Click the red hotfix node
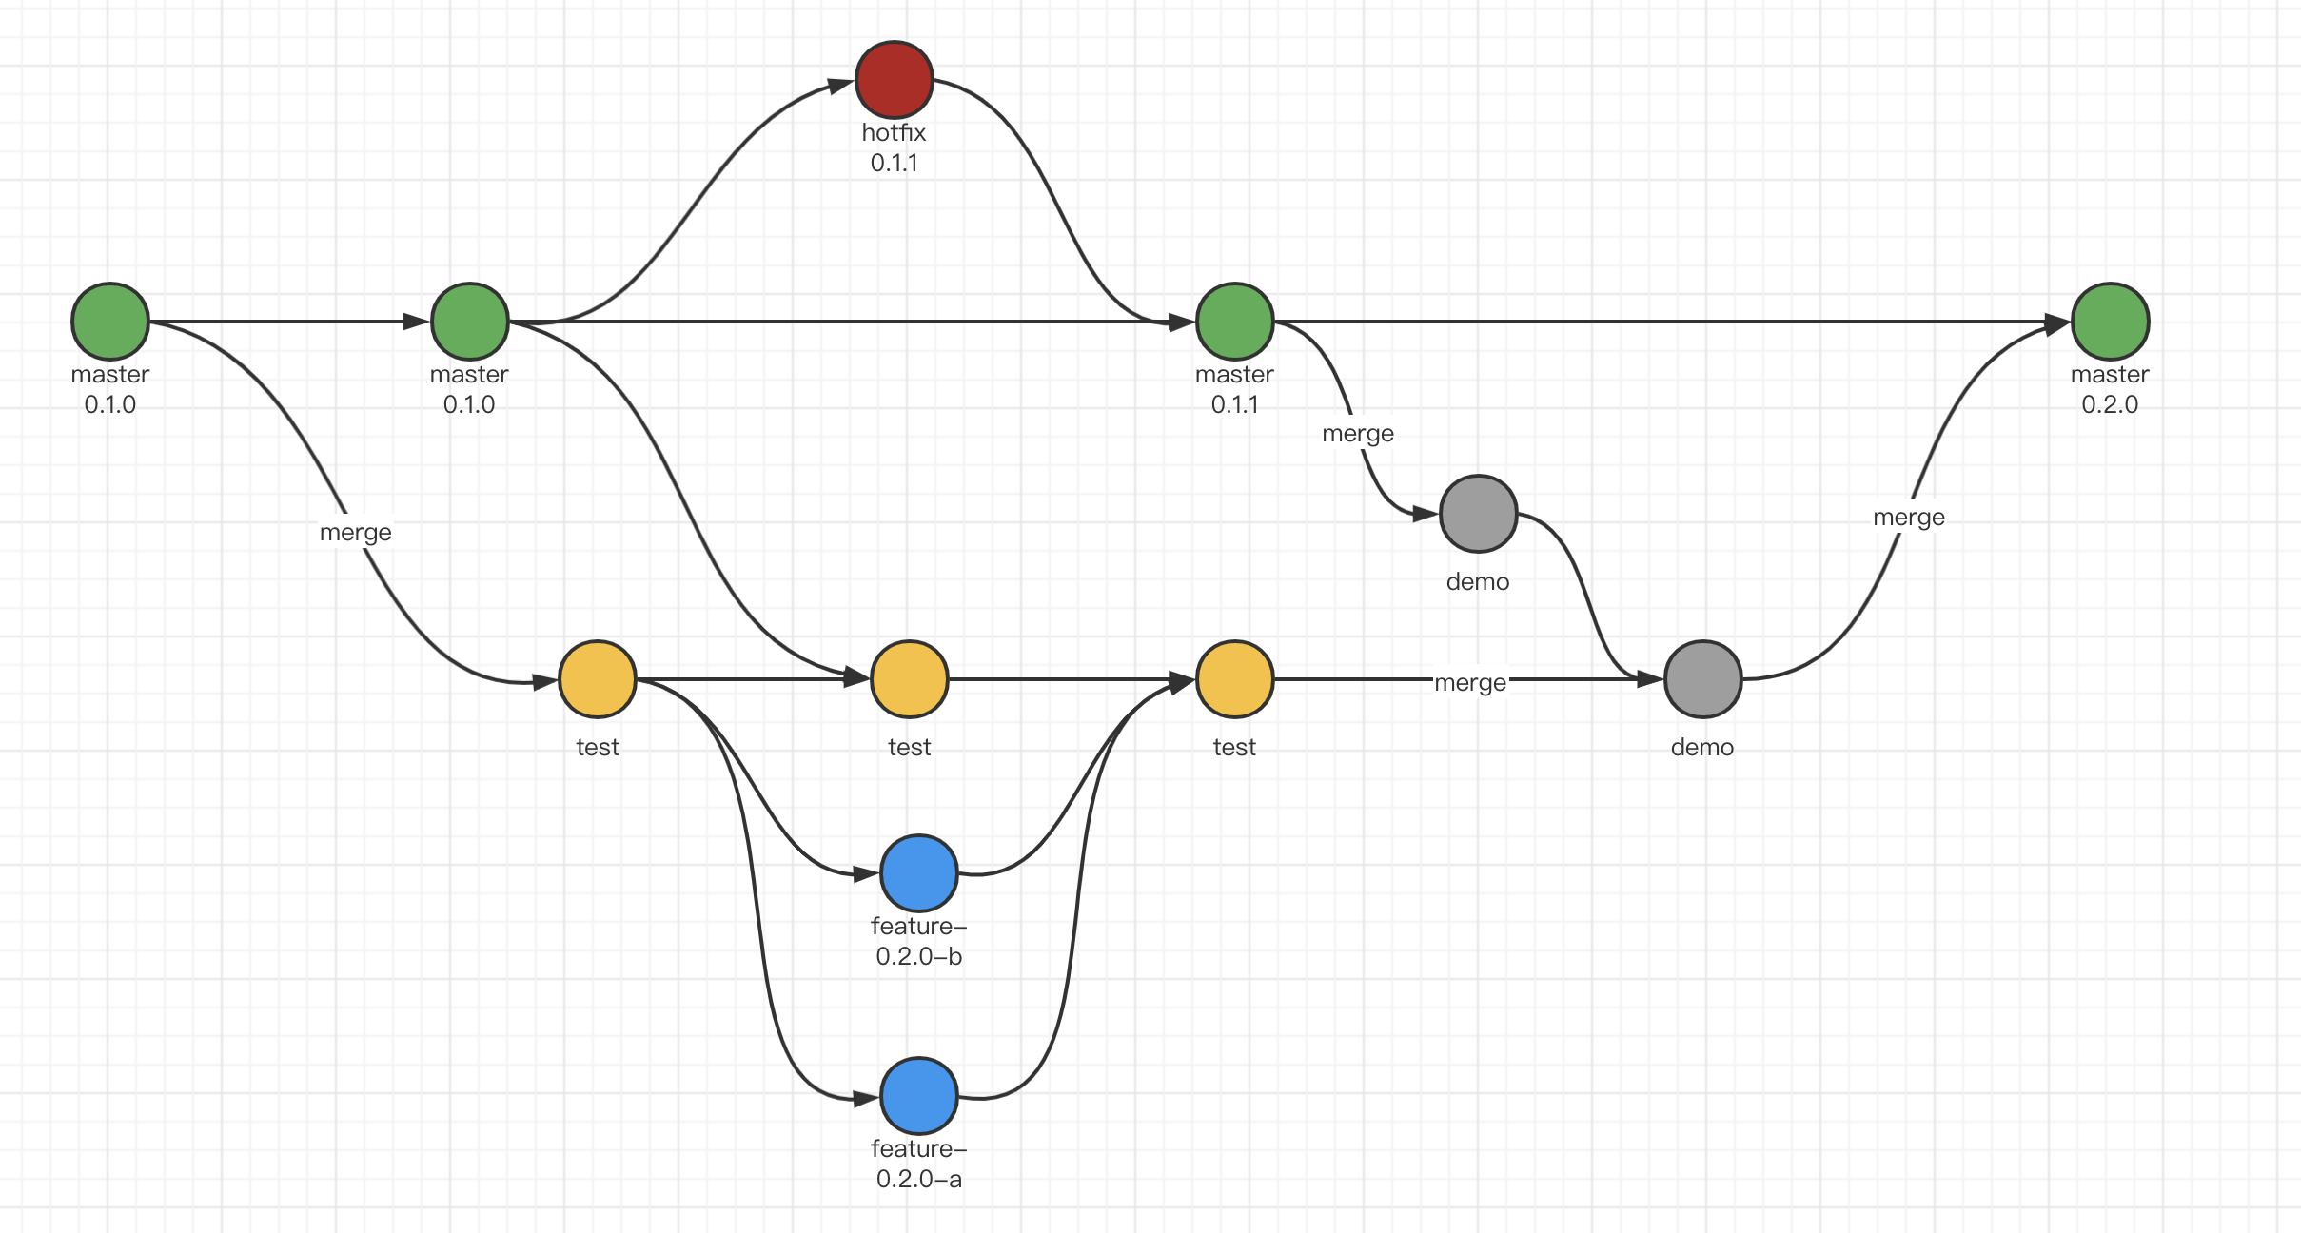pyautogui.click(x=894, y=80)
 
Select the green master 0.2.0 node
pyautogui.click(x=2110, y=322)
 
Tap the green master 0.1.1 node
pyautogui.click(x=1234, y=322)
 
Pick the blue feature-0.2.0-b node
pyautogui.click(x=918, y=873)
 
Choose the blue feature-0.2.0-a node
pyautogui.click(x=918, y=1096)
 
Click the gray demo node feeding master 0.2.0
pyautogui.click(x=1702, y=679)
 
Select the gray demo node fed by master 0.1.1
pyautogui.click(x=1478, y=514)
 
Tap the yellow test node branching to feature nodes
pyautogui.click(x=597, y=679)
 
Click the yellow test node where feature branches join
pyautogui.click(x=1234, y=679)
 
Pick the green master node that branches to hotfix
pyautogui.click(x=469, y=322)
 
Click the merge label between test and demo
pyautogui.click(x=1469, y=682)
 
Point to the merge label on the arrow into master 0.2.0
pyautogui.click(x=1908, y=517)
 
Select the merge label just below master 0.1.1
pyautogui.click(x=1357, y=433)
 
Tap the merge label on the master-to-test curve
pyautogui.click(x=355, y=532)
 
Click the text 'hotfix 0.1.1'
pyautogui.click(x=894, y=147)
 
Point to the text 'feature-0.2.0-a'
pyautogui.click(x=918, y=1164)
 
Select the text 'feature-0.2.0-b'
pyautogui.click(x=918, y=941)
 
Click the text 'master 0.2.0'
pyautogui.click(x=2110, y=389)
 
